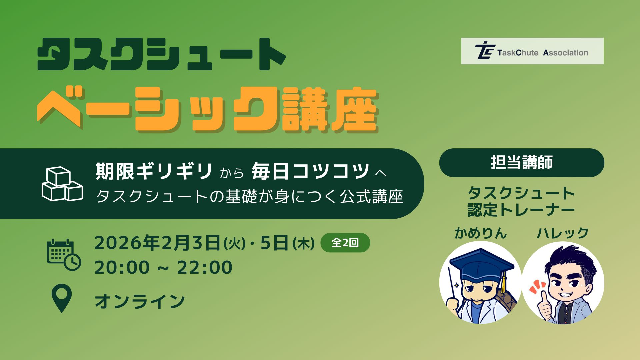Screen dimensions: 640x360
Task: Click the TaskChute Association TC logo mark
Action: [x=485, y=51]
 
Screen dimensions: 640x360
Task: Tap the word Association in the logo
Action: [x=566, y=53]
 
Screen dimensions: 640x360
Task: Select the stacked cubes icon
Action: [x=62, y=184]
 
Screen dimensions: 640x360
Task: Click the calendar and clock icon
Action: [x=64, y=254]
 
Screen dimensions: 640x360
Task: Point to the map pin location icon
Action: [x=62, y=298]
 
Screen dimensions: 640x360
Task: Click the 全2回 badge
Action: [x=345, y=243]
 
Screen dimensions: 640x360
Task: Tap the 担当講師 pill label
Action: [x=522, y=163]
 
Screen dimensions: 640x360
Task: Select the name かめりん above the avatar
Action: [x=480, y=233]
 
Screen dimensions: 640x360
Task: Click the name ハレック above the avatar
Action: [x=563, y=233]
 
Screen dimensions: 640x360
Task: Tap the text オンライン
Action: [x=140, y=301]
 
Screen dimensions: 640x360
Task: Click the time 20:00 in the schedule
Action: [x=122, y=267]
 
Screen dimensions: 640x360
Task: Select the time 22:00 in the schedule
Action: [x=205, y=267]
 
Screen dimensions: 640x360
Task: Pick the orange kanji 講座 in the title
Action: [x=330, y=110]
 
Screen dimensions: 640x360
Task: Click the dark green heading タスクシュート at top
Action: [x=162, y=54]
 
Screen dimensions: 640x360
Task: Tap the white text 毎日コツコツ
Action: [x=310, y=171]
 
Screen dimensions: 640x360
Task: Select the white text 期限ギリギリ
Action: [x=154, y=171]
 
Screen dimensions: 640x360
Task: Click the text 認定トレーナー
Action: [x=521, y=210]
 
